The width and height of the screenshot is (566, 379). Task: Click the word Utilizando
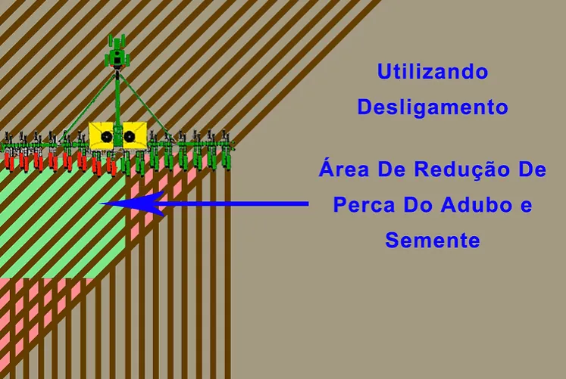tap(433, 71)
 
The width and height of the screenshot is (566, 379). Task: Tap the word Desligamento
tap(433, 107)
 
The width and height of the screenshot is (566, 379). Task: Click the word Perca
tap(364, 205)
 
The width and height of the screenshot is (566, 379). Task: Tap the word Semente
tap(433, 241)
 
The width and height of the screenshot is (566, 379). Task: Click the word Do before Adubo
tap(417, 205)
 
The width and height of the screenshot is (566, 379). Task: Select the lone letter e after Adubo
tap(527, 207)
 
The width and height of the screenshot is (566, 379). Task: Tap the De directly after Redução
tap(533, 169)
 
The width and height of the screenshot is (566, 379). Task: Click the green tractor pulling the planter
tap(117, 52)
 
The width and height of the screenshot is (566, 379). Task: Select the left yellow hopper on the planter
tap(102, 135)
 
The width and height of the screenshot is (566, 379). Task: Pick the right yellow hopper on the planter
tap(134, 135)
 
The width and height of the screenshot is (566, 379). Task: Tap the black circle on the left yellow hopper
tap(107, 137)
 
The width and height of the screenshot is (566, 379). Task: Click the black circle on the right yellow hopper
tap(129, 136)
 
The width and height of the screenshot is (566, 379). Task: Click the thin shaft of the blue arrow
tap(231, 204)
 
